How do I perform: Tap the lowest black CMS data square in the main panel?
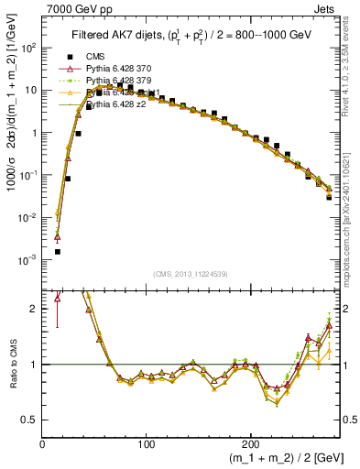click(x=57, y=251)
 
